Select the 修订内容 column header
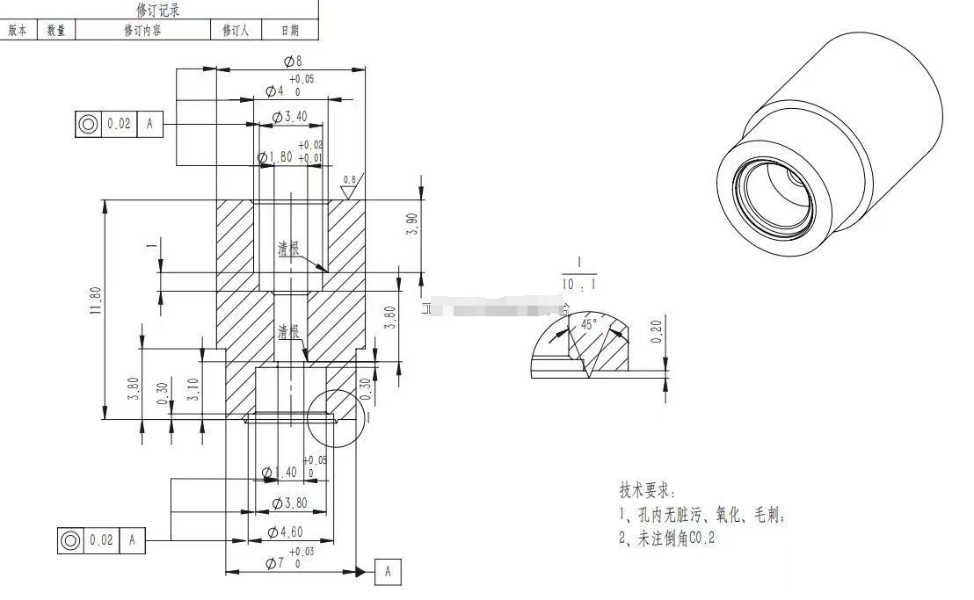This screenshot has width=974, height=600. point(143,30)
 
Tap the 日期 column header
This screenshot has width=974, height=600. point(289,30)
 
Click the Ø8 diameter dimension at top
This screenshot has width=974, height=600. point(293,61)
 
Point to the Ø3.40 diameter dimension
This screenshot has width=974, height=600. point(289,117)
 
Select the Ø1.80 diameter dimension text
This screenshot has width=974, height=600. point(278,157)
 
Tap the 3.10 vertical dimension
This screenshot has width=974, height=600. point(193,388)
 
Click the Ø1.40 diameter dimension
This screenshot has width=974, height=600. point(280,473)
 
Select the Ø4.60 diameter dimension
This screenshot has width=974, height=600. point(285,531)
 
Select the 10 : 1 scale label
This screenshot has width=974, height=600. point(580,284)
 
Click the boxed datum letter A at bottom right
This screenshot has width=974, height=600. point(388,572)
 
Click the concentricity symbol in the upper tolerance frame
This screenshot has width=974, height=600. point(88,124)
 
